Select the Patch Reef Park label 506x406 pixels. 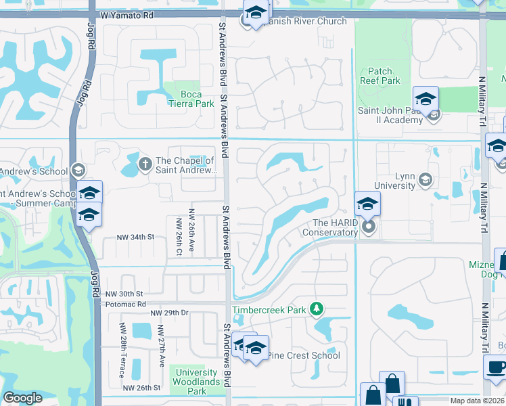(385, 76)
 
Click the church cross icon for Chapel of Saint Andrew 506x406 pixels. (145, 164)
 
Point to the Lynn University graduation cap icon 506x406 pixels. (425, 179)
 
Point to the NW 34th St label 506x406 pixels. (136, 237)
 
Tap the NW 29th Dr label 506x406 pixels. (169, 313)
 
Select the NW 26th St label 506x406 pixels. (142, 388)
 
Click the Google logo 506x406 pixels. (22, 398)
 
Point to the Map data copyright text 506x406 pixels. (477, 401)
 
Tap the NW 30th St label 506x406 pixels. (124, 294)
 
